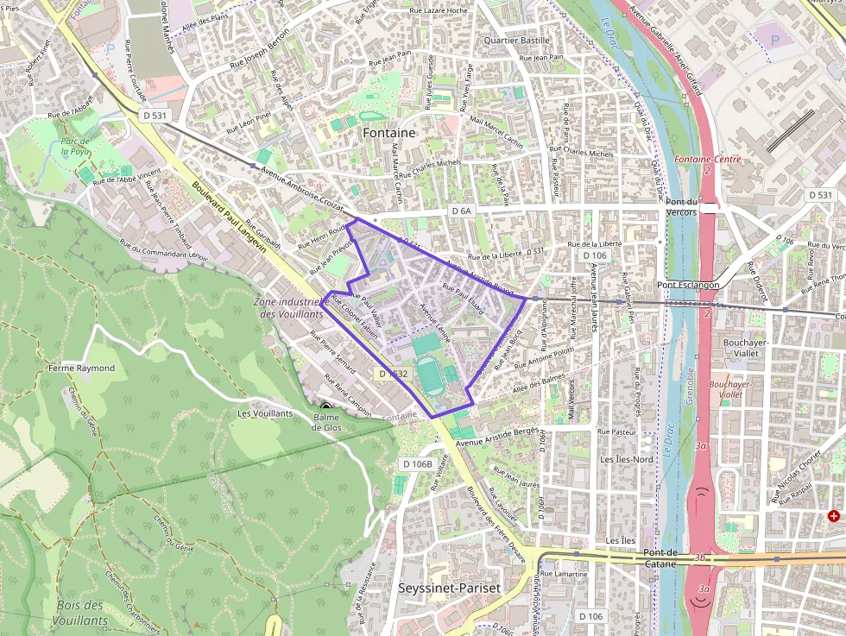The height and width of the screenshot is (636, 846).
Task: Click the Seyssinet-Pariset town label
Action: coord(449,588)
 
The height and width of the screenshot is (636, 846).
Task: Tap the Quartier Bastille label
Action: coord(517,40)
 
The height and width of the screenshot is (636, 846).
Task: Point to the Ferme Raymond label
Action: coord(82,368)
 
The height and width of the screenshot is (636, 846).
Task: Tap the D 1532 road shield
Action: coord(393,374)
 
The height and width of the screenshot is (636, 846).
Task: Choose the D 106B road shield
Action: coord(417,464)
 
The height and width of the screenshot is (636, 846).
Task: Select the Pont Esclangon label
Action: coord(688,285)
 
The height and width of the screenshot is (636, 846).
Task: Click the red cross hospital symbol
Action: coord(833,516)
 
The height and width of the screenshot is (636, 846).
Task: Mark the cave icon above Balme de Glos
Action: coord(325,406)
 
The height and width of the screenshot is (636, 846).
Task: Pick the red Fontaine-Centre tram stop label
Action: coord(708,159)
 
